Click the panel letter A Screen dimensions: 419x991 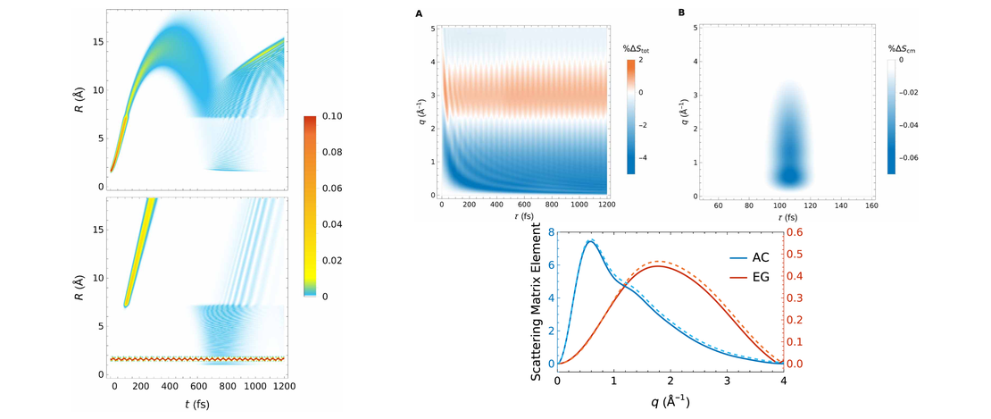421,13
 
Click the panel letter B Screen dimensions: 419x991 682,13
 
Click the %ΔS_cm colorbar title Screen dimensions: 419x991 902,49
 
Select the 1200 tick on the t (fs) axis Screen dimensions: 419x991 284,389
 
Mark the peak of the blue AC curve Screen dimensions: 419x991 589,241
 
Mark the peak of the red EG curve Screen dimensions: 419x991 658,265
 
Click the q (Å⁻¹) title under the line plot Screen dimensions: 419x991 670,403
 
